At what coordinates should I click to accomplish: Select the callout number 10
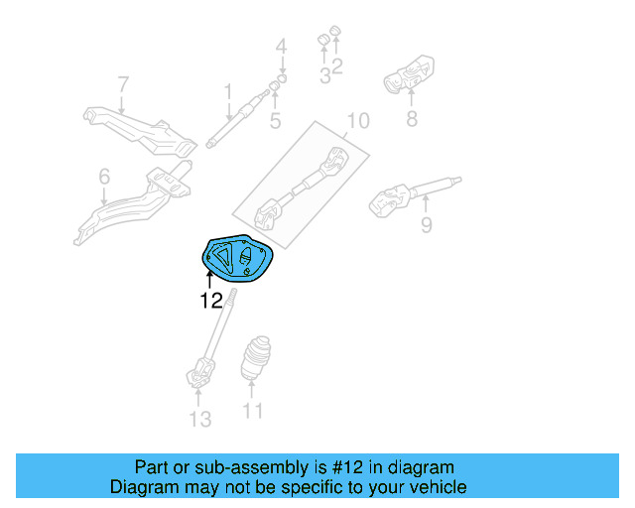[x=357, y=121]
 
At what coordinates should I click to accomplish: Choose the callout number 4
[x=281, y=46]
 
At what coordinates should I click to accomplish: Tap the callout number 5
[x=275, y=122]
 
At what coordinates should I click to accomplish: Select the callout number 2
[x=337, y=67]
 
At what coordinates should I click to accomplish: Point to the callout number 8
[x=412, y=121]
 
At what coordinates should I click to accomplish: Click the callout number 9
[x=426, y=225]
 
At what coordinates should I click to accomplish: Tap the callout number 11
[x=253, y=411]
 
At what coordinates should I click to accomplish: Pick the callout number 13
[x=200, y=420]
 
